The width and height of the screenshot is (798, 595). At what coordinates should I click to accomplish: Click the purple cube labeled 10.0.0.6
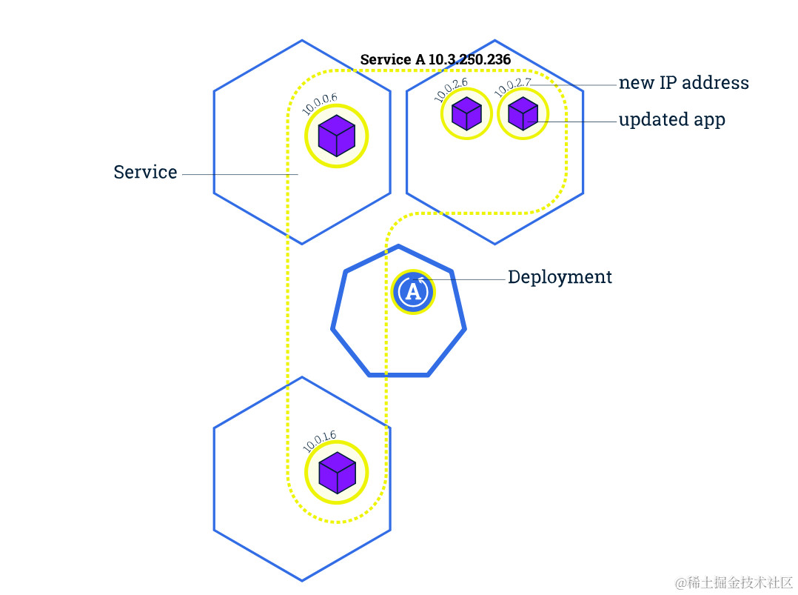coord(337,136)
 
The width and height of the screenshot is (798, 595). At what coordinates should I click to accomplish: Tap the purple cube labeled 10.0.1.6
coord(337,473)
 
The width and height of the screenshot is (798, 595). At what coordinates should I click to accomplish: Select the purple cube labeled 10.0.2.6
coord(466,113)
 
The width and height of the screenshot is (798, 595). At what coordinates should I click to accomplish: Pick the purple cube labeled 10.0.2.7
coord(523,113)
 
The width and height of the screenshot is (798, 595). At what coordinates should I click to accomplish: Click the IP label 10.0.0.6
coord(320,104)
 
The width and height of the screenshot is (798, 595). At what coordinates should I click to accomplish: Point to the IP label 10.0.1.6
coord(320,440)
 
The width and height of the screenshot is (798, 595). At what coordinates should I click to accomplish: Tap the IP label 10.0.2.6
coord(451,89)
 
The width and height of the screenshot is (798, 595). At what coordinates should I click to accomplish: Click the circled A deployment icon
coord(413,291)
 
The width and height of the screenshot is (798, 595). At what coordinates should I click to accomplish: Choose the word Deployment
coord(560,277)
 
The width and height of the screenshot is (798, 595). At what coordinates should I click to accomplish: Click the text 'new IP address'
coord(683,82)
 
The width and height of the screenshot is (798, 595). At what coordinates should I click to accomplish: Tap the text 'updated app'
coord(671,119)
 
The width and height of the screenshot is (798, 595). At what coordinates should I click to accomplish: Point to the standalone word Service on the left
coord(145,173)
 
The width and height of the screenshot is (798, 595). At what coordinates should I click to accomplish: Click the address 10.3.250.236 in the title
coord(469,59)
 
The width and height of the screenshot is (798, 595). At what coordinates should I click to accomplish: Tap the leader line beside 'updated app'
coord(577,121)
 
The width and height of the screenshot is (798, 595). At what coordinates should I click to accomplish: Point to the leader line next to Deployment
coord(466,279)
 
